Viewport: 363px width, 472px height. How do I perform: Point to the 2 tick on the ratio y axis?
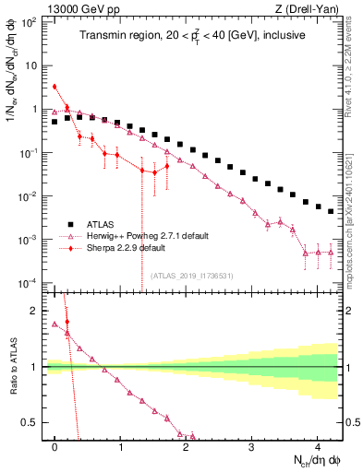[x=37, y=311]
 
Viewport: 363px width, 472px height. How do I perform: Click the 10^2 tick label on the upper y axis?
[x=30, y=22]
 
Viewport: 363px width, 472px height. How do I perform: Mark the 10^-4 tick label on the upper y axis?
[x=30, y=282]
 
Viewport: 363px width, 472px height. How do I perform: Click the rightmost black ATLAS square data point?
[x=331, y=211]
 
